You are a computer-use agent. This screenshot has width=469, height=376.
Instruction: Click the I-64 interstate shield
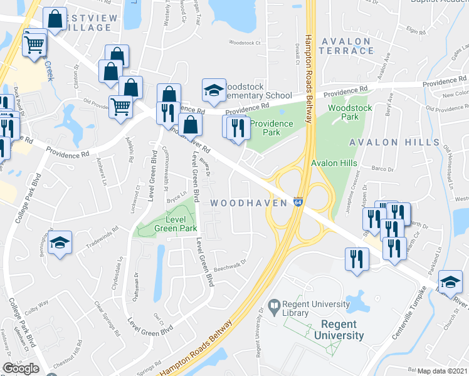point(298,203)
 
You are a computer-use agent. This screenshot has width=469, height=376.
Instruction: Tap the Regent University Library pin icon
point(273,307)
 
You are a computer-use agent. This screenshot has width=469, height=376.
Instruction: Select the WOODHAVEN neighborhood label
point(248,203)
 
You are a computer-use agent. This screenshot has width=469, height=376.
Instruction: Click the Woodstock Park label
point(350,112)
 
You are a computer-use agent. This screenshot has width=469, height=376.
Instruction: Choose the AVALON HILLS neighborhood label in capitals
point(394,142)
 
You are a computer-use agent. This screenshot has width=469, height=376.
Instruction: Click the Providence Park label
point(271,128)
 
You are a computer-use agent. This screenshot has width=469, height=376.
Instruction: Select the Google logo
point(21,368)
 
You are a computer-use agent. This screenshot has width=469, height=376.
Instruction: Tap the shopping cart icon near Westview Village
point(33,44)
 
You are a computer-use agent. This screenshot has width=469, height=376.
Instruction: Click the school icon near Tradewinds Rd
point(60,243)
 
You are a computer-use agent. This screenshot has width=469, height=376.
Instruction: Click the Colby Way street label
point(46,308)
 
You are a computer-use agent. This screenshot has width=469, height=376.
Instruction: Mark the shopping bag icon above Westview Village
point(55,19)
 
